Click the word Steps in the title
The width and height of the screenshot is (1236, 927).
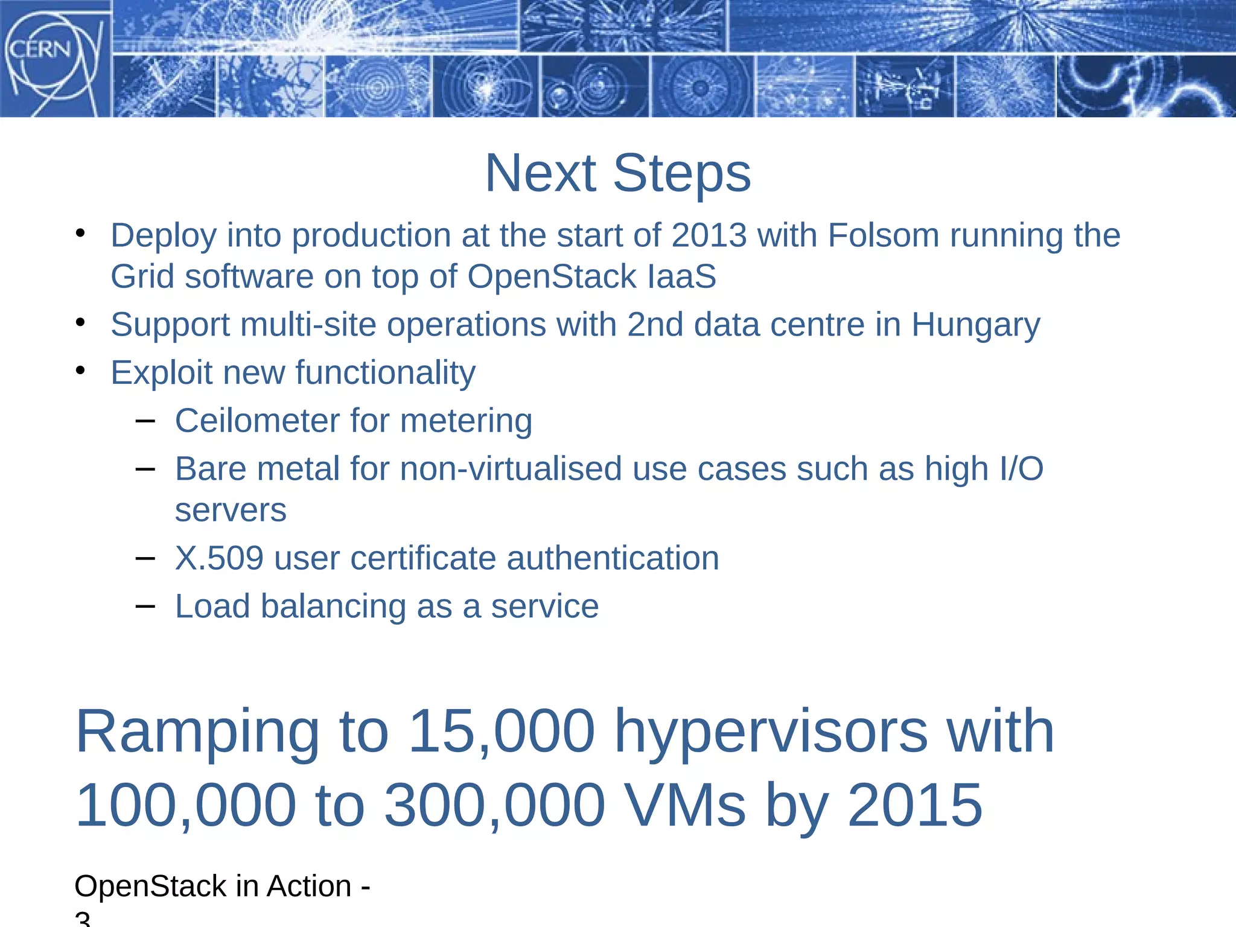682,173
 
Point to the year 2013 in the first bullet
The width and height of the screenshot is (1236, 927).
709,235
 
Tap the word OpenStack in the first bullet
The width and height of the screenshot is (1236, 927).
552,276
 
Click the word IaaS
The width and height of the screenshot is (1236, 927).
682,276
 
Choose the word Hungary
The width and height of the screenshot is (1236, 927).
976,325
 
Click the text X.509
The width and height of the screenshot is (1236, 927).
219,558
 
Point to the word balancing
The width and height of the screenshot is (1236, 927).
333,607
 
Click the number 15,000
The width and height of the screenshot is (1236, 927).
502,731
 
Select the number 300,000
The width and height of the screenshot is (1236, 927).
495,805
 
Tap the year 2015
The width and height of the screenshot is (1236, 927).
915,805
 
